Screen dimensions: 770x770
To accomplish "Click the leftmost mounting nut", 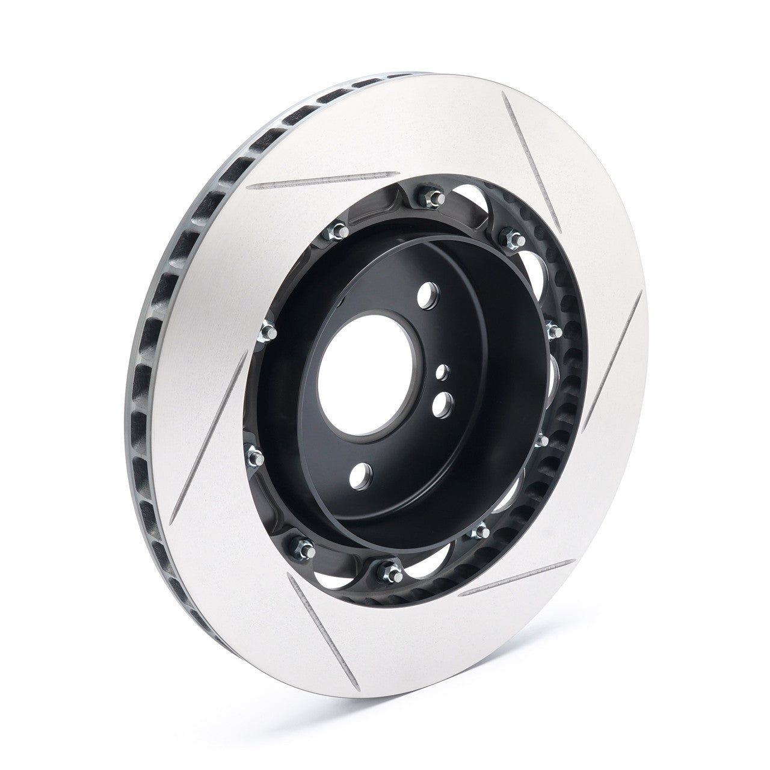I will point(253,446).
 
